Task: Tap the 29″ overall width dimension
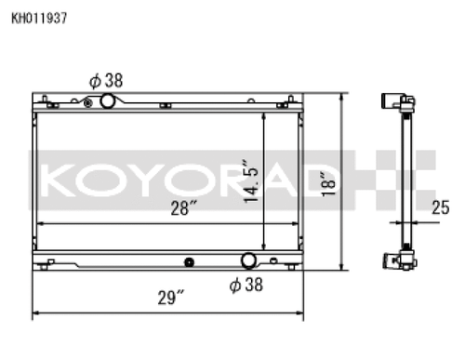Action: [x=170, y=299]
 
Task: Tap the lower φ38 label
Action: [x=246, y=285]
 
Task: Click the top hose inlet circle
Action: [x=109, y=100]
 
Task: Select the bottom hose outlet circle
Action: [x=249, y=260]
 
